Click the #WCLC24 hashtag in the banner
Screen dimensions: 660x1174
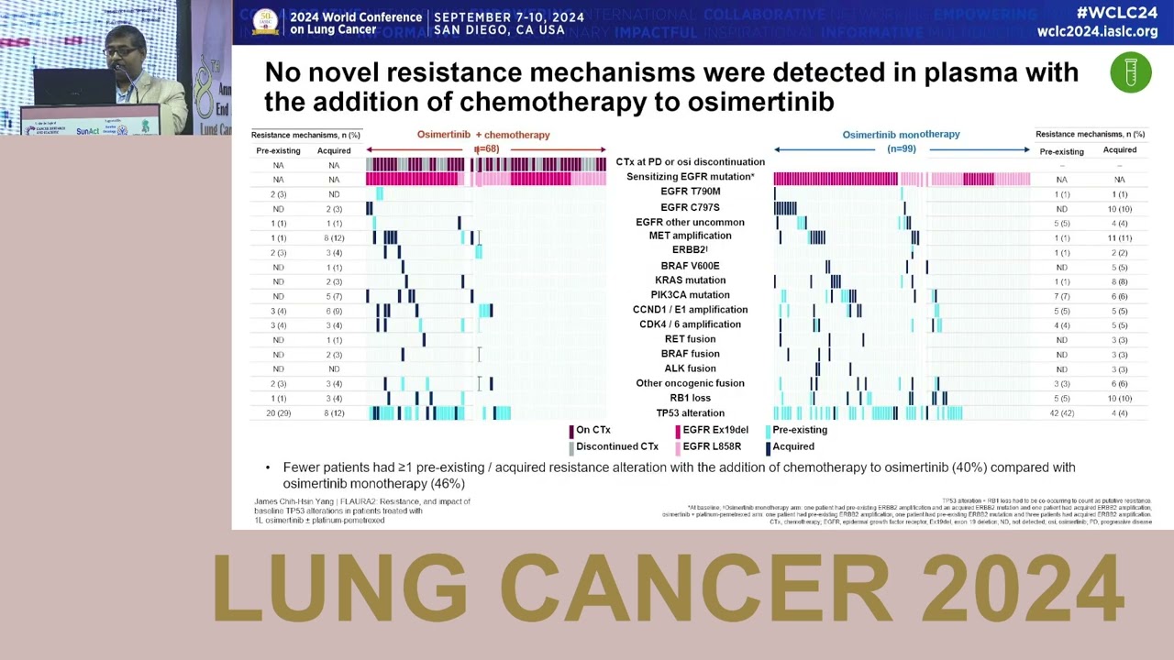pyautogui.click(x=1117, y=13)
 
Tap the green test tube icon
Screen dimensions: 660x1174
pyautogui.click(x=1130, y=72)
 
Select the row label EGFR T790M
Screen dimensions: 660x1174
pyautogui.click(x=690, y=192)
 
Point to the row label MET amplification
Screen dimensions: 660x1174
pyautogui.click(x=690, y=236)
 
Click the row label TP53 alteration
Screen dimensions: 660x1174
pyautogui.click(x=690, y=413)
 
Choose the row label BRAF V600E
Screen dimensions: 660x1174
pyautogui.click(x=690, y=266)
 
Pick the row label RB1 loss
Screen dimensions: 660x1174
pyautogui.click(x=690, y=399)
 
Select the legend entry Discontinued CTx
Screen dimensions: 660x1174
pyautogui.click(x=616, y=447)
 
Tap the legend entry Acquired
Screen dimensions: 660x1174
pyautogui.click(x=792, y=447)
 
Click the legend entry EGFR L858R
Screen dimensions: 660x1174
pyautogui.click(x=711, y=447)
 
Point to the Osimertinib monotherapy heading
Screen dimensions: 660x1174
pyautogui.click(x=901, y=135)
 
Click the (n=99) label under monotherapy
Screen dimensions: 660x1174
pyautogui.click(x=902, y=148)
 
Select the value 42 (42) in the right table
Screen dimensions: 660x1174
pyautogui.click(x=1061, y=413)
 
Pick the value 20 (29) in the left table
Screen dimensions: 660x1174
pyautogui.click(x=278, y=413)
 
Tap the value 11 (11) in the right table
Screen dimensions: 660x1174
pyautogui.click(x=1119, y=237)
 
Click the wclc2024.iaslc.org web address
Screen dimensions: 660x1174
pyautogui.click(x=1097, y=31)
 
